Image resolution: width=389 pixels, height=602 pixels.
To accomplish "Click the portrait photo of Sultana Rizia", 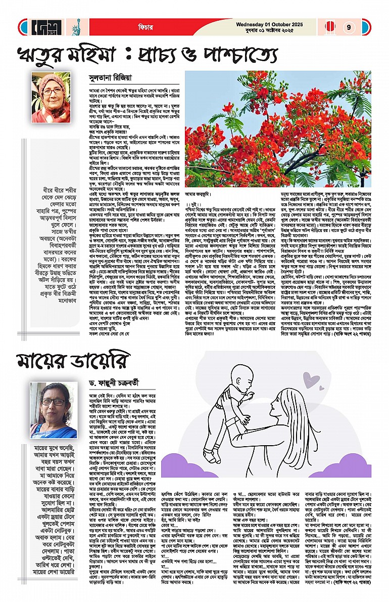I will click(51, 91).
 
